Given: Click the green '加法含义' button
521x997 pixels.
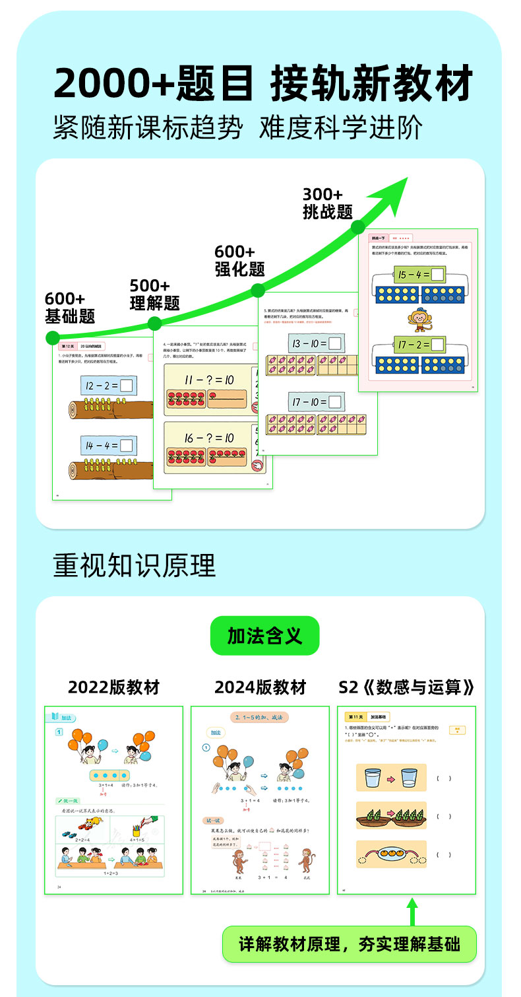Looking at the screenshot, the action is tap(264, 636).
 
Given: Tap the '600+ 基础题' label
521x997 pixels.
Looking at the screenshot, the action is tap(69, 308).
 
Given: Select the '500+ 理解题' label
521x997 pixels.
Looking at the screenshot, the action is tap(154, 294).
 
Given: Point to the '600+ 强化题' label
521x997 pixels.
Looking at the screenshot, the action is tap(239, 261).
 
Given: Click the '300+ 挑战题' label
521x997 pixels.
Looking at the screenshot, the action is tap(327, 203).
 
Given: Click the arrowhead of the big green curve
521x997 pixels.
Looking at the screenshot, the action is tap(392, 193).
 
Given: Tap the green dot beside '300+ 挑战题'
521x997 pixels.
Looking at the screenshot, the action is tap(358, 227).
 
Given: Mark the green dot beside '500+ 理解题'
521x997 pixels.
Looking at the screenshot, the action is tap(154, 323).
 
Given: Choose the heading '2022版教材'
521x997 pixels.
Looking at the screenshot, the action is tap(113, 687).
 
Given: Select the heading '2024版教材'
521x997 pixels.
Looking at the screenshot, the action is tap(260, 687).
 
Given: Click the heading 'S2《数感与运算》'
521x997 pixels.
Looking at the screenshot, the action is tap(406, 687).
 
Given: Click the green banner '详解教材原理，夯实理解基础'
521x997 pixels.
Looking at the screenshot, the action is tap(349, 944).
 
